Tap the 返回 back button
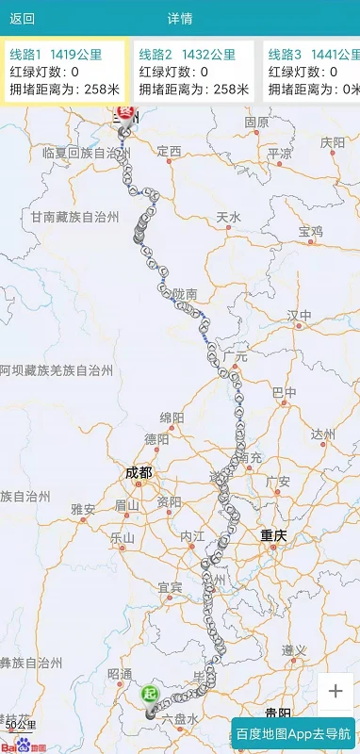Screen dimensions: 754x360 (x=23, y=18)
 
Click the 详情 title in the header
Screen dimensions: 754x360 (x=180, y=18)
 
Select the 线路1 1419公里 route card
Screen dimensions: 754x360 (x=64, y=72)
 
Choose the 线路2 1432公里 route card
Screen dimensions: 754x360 (x=193, y=72)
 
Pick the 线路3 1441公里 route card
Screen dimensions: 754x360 (x=313, y=72)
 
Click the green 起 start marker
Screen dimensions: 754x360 (x=149, y=695)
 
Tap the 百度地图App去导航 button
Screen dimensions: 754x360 (x=293, y=733)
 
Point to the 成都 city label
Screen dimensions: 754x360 (x=138, y=472)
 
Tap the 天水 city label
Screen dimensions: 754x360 (x=229, y=217)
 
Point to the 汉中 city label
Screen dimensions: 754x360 (x=300, y=314)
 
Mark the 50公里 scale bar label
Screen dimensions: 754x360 (x=20, y=725)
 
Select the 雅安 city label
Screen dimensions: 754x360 (x=83, y=509)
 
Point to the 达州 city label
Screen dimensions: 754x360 (x=322, y=434)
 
